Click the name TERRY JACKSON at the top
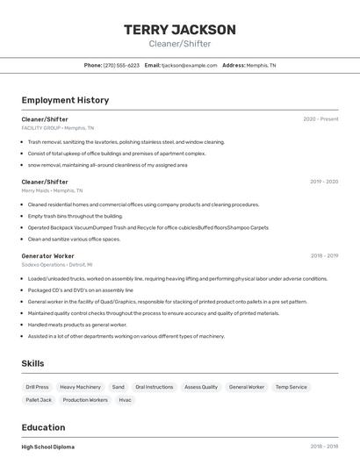180,30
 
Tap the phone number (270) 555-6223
121,65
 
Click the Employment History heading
65,100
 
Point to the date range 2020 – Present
320,119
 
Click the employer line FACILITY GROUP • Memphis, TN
58,128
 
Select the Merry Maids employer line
52,190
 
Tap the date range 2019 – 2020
324,182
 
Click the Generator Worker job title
48,256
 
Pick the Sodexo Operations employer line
57,264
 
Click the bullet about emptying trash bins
76,216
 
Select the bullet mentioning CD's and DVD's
81,290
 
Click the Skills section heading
33,363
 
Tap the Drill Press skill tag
37,387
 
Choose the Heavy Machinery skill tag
80,387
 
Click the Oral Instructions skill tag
155,387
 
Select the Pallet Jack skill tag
39,400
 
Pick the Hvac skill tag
126,400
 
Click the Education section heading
44,427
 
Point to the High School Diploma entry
48,447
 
